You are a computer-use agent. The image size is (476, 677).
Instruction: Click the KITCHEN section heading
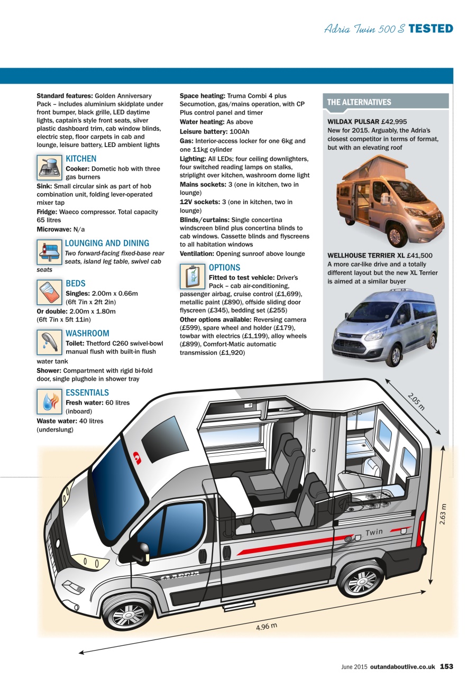81,159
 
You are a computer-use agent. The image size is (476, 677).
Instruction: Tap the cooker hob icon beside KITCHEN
50,168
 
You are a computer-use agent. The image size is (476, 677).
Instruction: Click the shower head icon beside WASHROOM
50,343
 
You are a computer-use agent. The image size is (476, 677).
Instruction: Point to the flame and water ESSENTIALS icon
50,401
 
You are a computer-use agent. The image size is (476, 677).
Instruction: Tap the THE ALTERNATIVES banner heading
359,102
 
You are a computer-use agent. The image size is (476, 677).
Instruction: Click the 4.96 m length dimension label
267,627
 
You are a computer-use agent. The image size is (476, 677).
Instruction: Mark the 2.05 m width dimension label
416,400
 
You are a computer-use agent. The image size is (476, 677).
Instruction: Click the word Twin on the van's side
374,532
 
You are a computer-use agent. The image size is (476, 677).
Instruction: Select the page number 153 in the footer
446,666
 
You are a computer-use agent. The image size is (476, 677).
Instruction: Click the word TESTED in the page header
431,29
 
